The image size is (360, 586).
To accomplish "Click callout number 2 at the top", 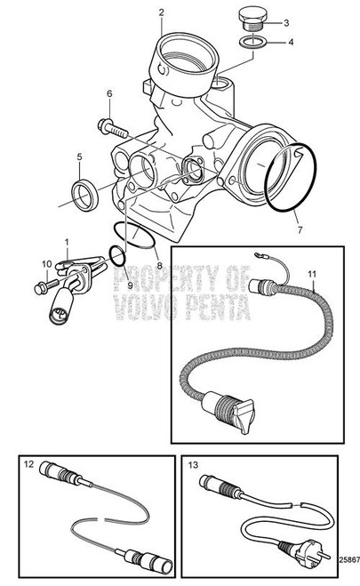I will click(x=162, y=12).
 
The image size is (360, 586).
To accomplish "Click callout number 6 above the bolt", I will click(x=110, y=94).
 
